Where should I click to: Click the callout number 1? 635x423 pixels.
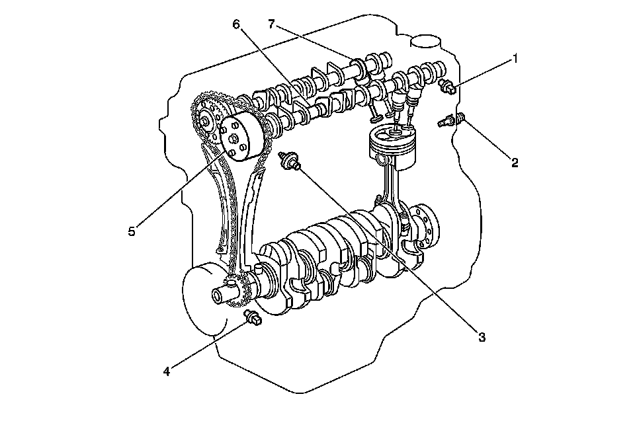(515, 58)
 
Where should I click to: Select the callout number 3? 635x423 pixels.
(482, 337)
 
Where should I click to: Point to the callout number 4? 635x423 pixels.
(167, 371)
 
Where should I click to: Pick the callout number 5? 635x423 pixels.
(132, 231)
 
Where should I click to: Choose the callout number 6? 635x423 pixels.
(236, 24)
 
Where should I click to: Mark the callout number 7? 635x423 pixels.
(271, 24)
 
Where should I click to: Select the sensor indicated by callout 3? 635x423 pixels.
(288, 160)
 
